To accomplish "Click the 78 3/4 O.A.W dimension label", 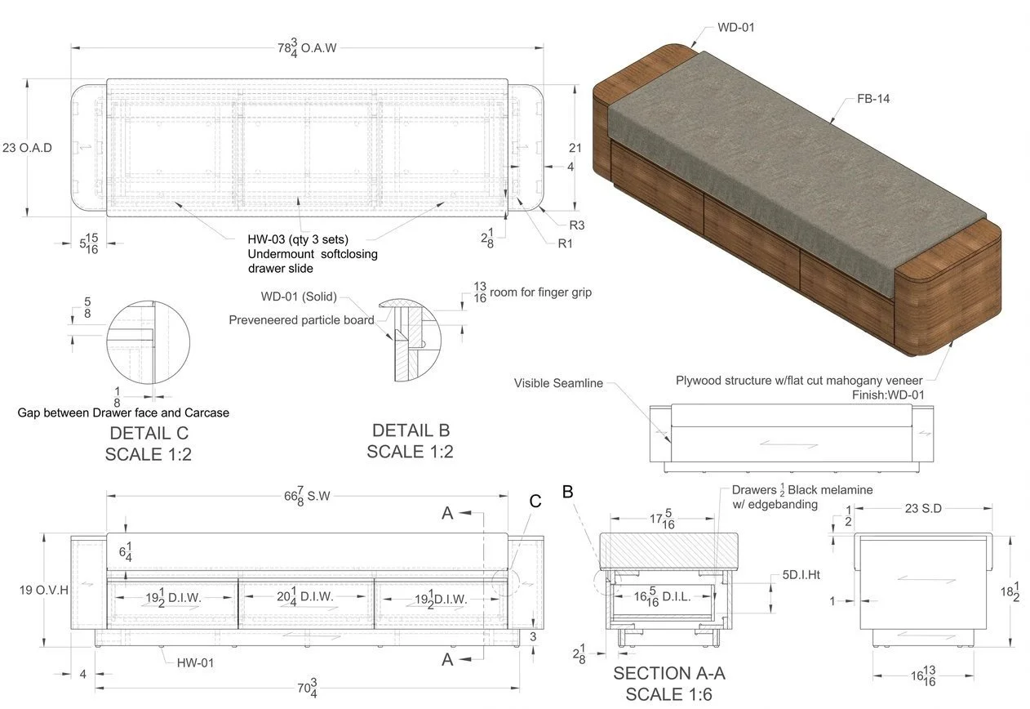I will pyautogui.click(x=306, y=48).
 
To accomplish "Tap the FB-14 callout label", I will pyautogui.click(x=872, y=99).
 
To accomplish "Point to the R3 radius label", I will pyautogui.click(x=577, y=225).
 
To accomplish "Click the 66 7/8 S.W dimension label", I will pyautogui.click(x=306, y=496).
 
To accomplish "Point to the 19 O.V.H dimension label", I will pyautogui.click(x=44, y=589).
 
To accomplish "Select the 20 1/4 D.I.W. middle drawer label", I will pyautogui.click(x=305, y=597).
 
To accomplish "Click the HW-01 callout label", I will pyautogui.click(x=195, y=662).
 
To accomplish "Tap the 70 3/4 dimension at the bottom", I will pyautogui.click(x=306, y=688).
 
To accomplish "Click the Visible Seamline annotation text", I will pyautogui.click(x=558, y=383).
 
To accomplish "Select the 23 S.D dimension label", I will pyautogui.click(x=923, y=508).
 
